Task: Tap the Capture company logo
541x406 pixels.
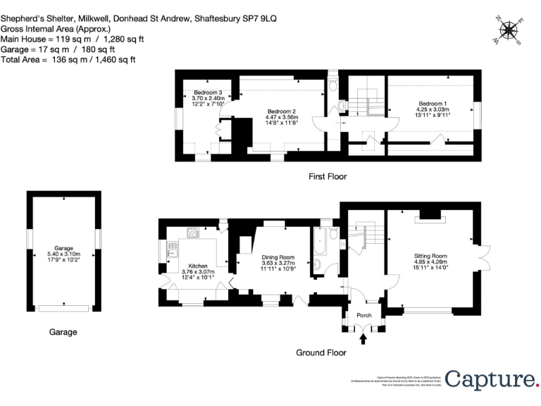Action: [490, 379]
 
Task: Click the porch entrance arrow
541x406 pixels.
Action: [363, 340]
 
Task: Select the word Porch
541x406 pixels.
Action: [363, 315]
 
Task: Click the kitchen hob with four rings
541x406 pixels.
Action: [192, 232]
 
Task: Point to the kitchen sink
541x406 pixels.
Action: [171, 248]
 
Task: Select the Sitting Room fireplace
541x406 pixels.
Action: [430, 214]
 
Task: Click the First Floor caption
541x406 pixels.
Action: [328, 176]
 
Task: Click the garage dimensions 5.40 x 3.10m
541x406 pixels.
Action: [63, 253]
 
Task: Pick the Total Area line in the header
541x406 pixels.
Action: [68, 61]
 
